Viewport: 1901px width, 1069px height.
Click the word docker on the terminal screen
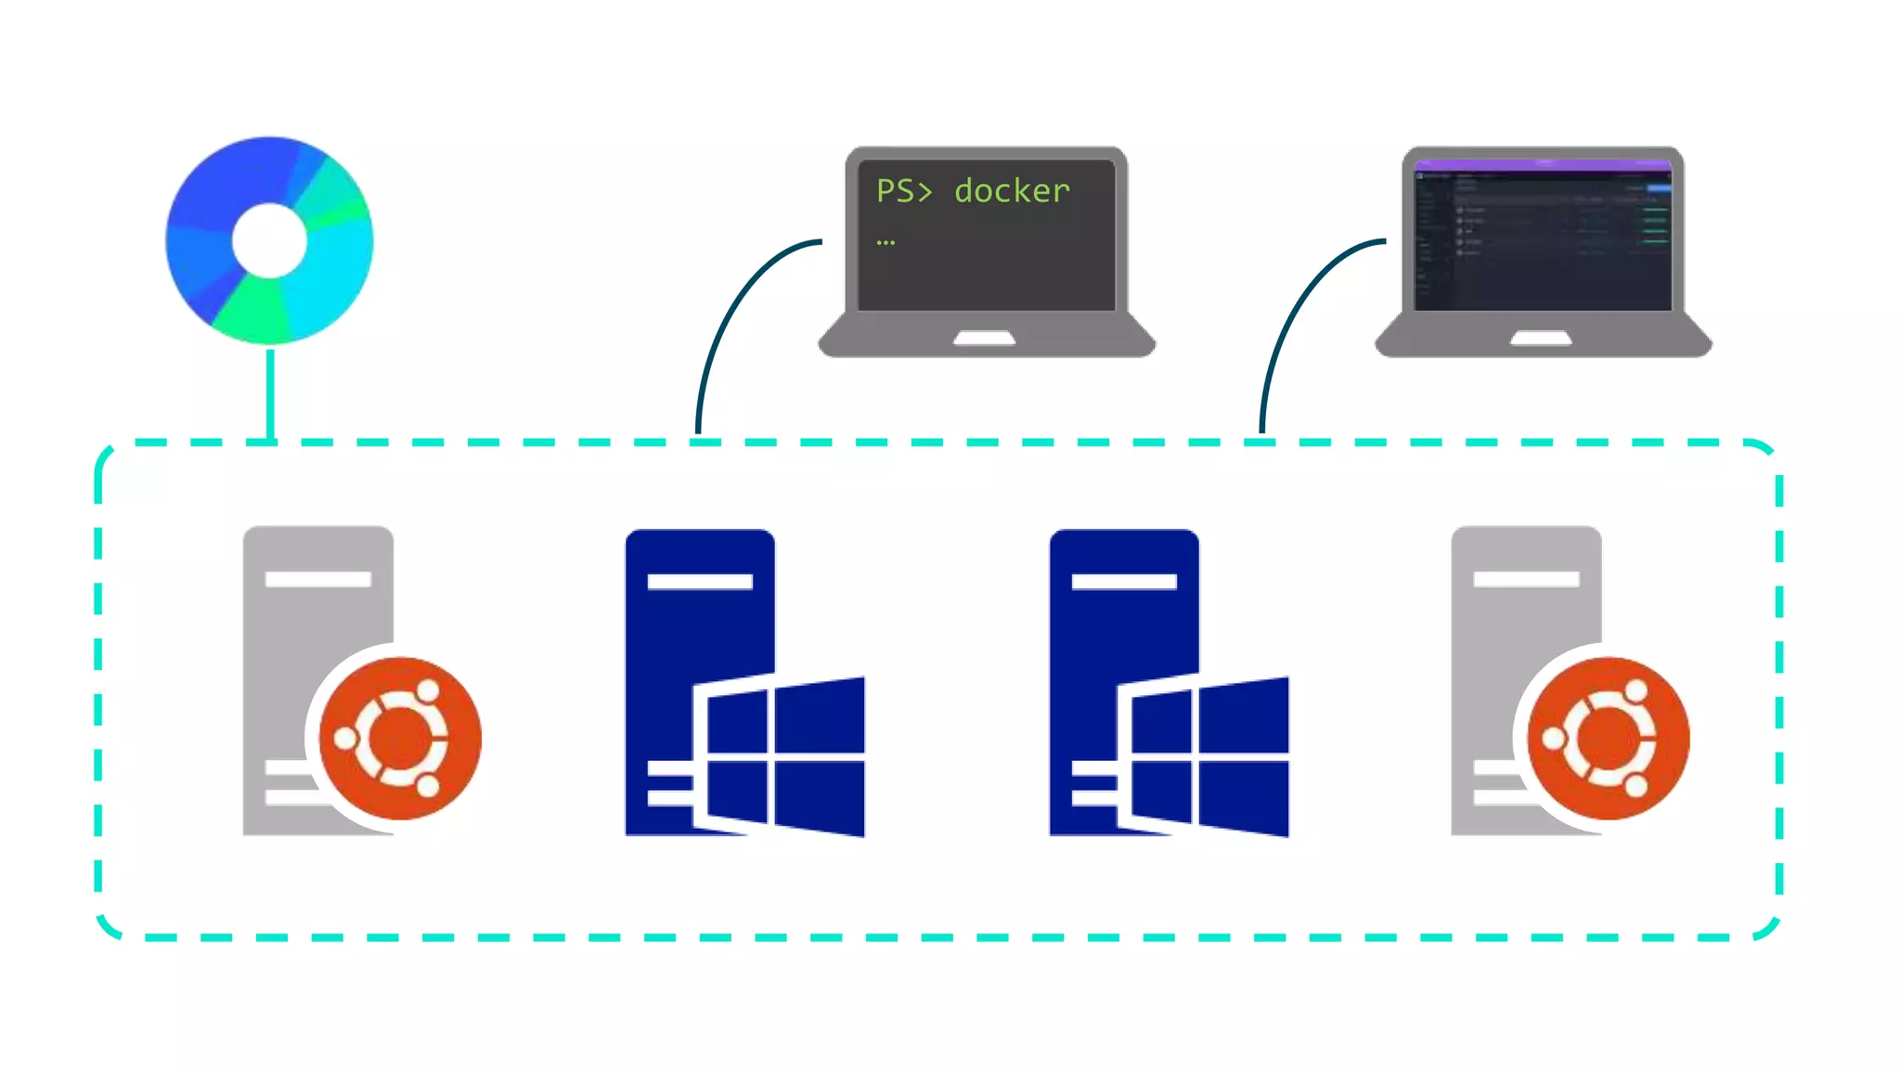1012,191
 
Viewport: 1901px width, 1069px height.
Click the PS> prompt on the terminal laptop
903,191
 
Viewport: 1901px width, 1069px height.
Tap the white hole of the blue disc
269,240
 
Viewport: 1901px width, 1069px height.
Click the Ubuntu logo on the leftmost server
400,739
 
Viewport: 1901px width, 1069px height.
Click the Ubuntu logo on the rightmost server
1608,739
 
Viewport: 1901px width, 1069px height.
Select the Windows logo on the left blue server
780,756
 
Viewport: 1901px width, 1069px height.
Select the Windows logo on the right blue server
1204,756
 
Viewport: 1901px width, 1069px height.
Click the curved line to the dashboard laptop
1290,316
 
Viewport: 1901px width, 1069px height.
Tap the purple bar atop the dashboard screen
1543,165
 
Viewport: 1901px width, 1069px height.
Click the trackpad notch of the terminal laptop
985,339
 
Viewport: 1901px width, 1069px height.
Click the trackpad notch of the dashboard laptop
1541,339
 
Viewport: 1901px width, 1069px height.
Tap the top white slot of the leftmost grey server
317,579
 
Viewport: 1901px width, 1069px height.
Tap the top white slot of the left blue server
700,582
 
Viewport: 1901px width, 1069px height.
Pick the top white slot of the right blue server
1124,582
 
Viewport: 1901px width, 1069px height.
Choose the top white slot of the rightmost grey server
1526,579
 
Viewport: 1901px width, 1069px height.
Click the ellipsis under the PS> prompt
886,243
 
